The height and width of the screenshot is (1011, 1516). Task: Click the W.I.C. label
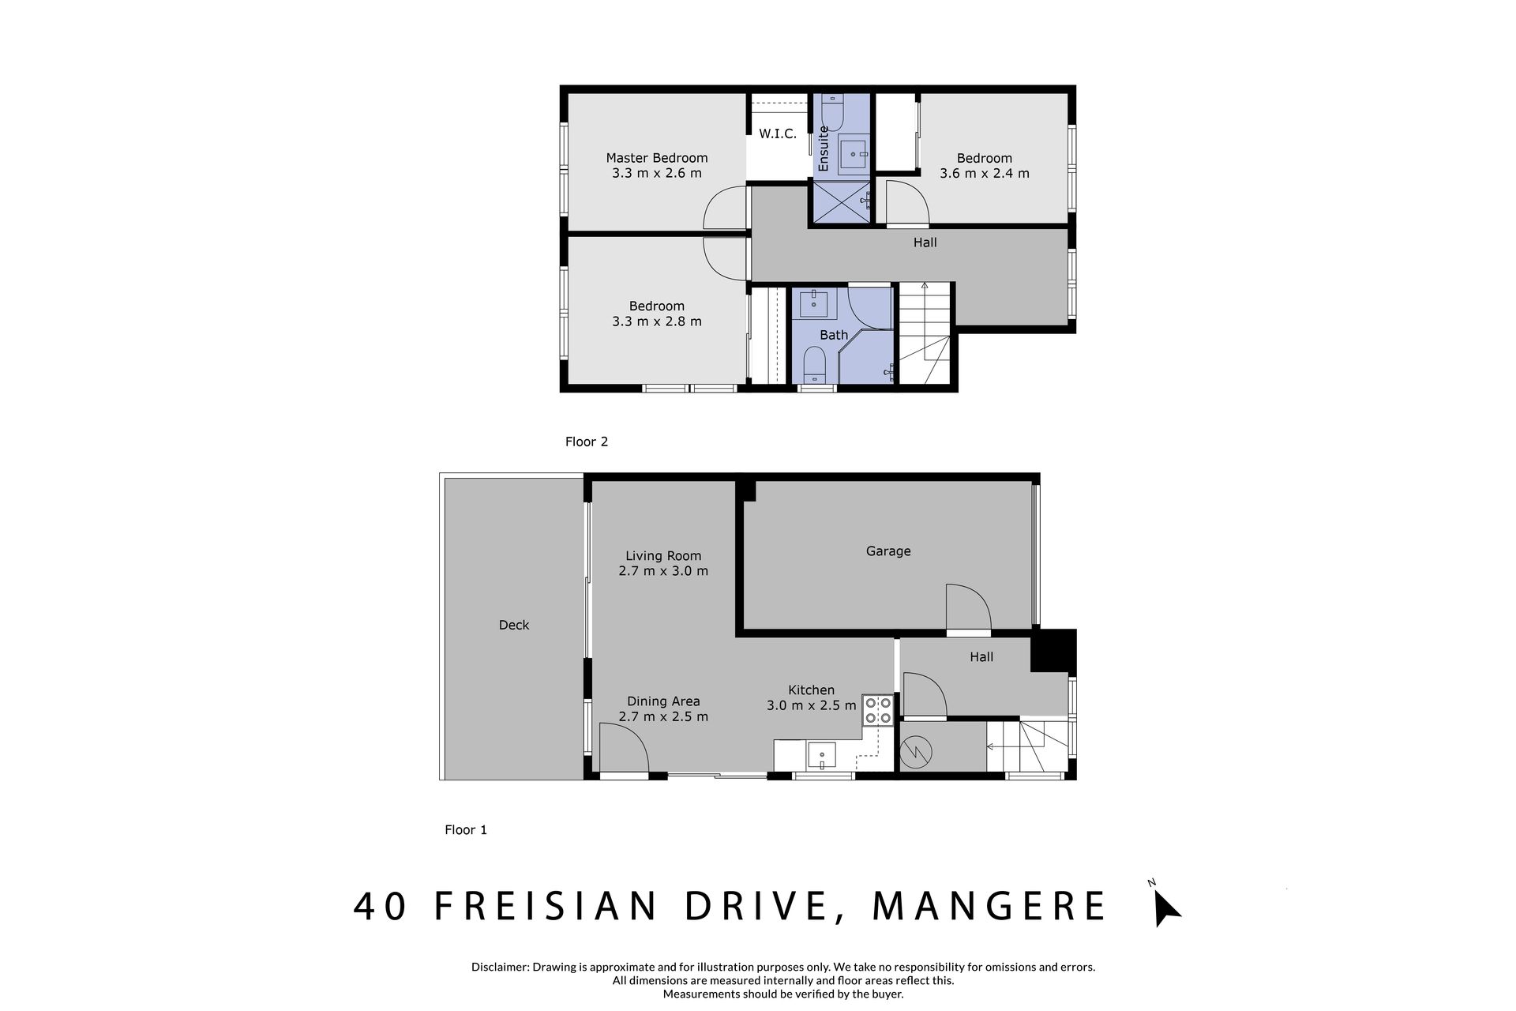(x=778, y=134)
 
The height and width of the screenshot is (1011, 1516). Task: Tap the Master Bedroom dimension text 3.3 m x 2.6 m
(x=657, y=173)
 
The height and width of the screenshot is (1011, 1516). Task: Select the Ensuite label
(x=824, y=148)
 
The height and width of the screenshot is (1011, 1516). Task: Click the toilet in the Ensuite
(x=832, y=111)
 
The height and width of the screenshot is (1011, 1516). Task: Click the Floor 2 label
(x=587, y=442)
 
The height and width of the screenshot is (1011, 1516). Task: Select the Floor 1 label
(x=466, y=829)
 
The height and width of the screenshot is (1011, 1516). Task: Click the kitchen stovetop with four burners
(x=877, y=710)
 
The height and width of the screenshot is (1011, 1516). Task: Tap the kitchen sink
(x=822, y=756)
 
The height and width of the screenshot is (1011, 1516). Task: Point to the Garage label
(x=888, y=551)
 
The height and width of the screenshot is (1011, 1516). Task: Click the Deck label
(x=514, y=625)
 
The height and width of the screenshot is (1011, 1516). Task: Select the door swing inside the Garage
(x=968, y=607)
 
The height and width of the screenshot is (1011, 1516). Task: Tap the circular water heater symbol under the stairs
(x=918, y=751)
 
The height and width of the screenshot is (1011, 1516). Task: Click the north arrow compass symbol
(x=1165, y=906)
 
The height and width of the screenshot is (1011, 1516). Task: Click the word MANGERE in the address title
(x=989, y=907)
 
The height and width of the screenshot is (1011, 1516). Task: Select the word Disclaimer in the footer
(x=500, y=967)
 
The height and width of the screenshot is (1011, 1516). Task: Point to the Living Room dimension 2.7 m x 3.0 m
(x=663, y=570)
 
